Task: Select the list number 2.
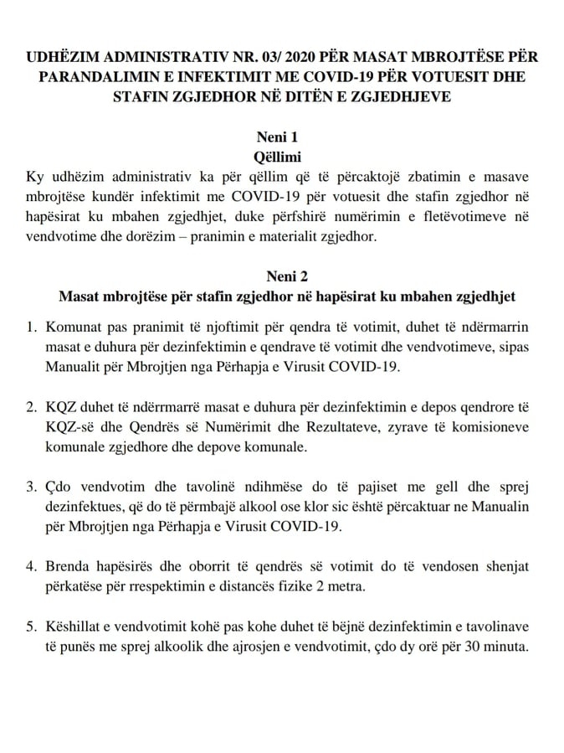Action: click(x=31, y=407)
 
